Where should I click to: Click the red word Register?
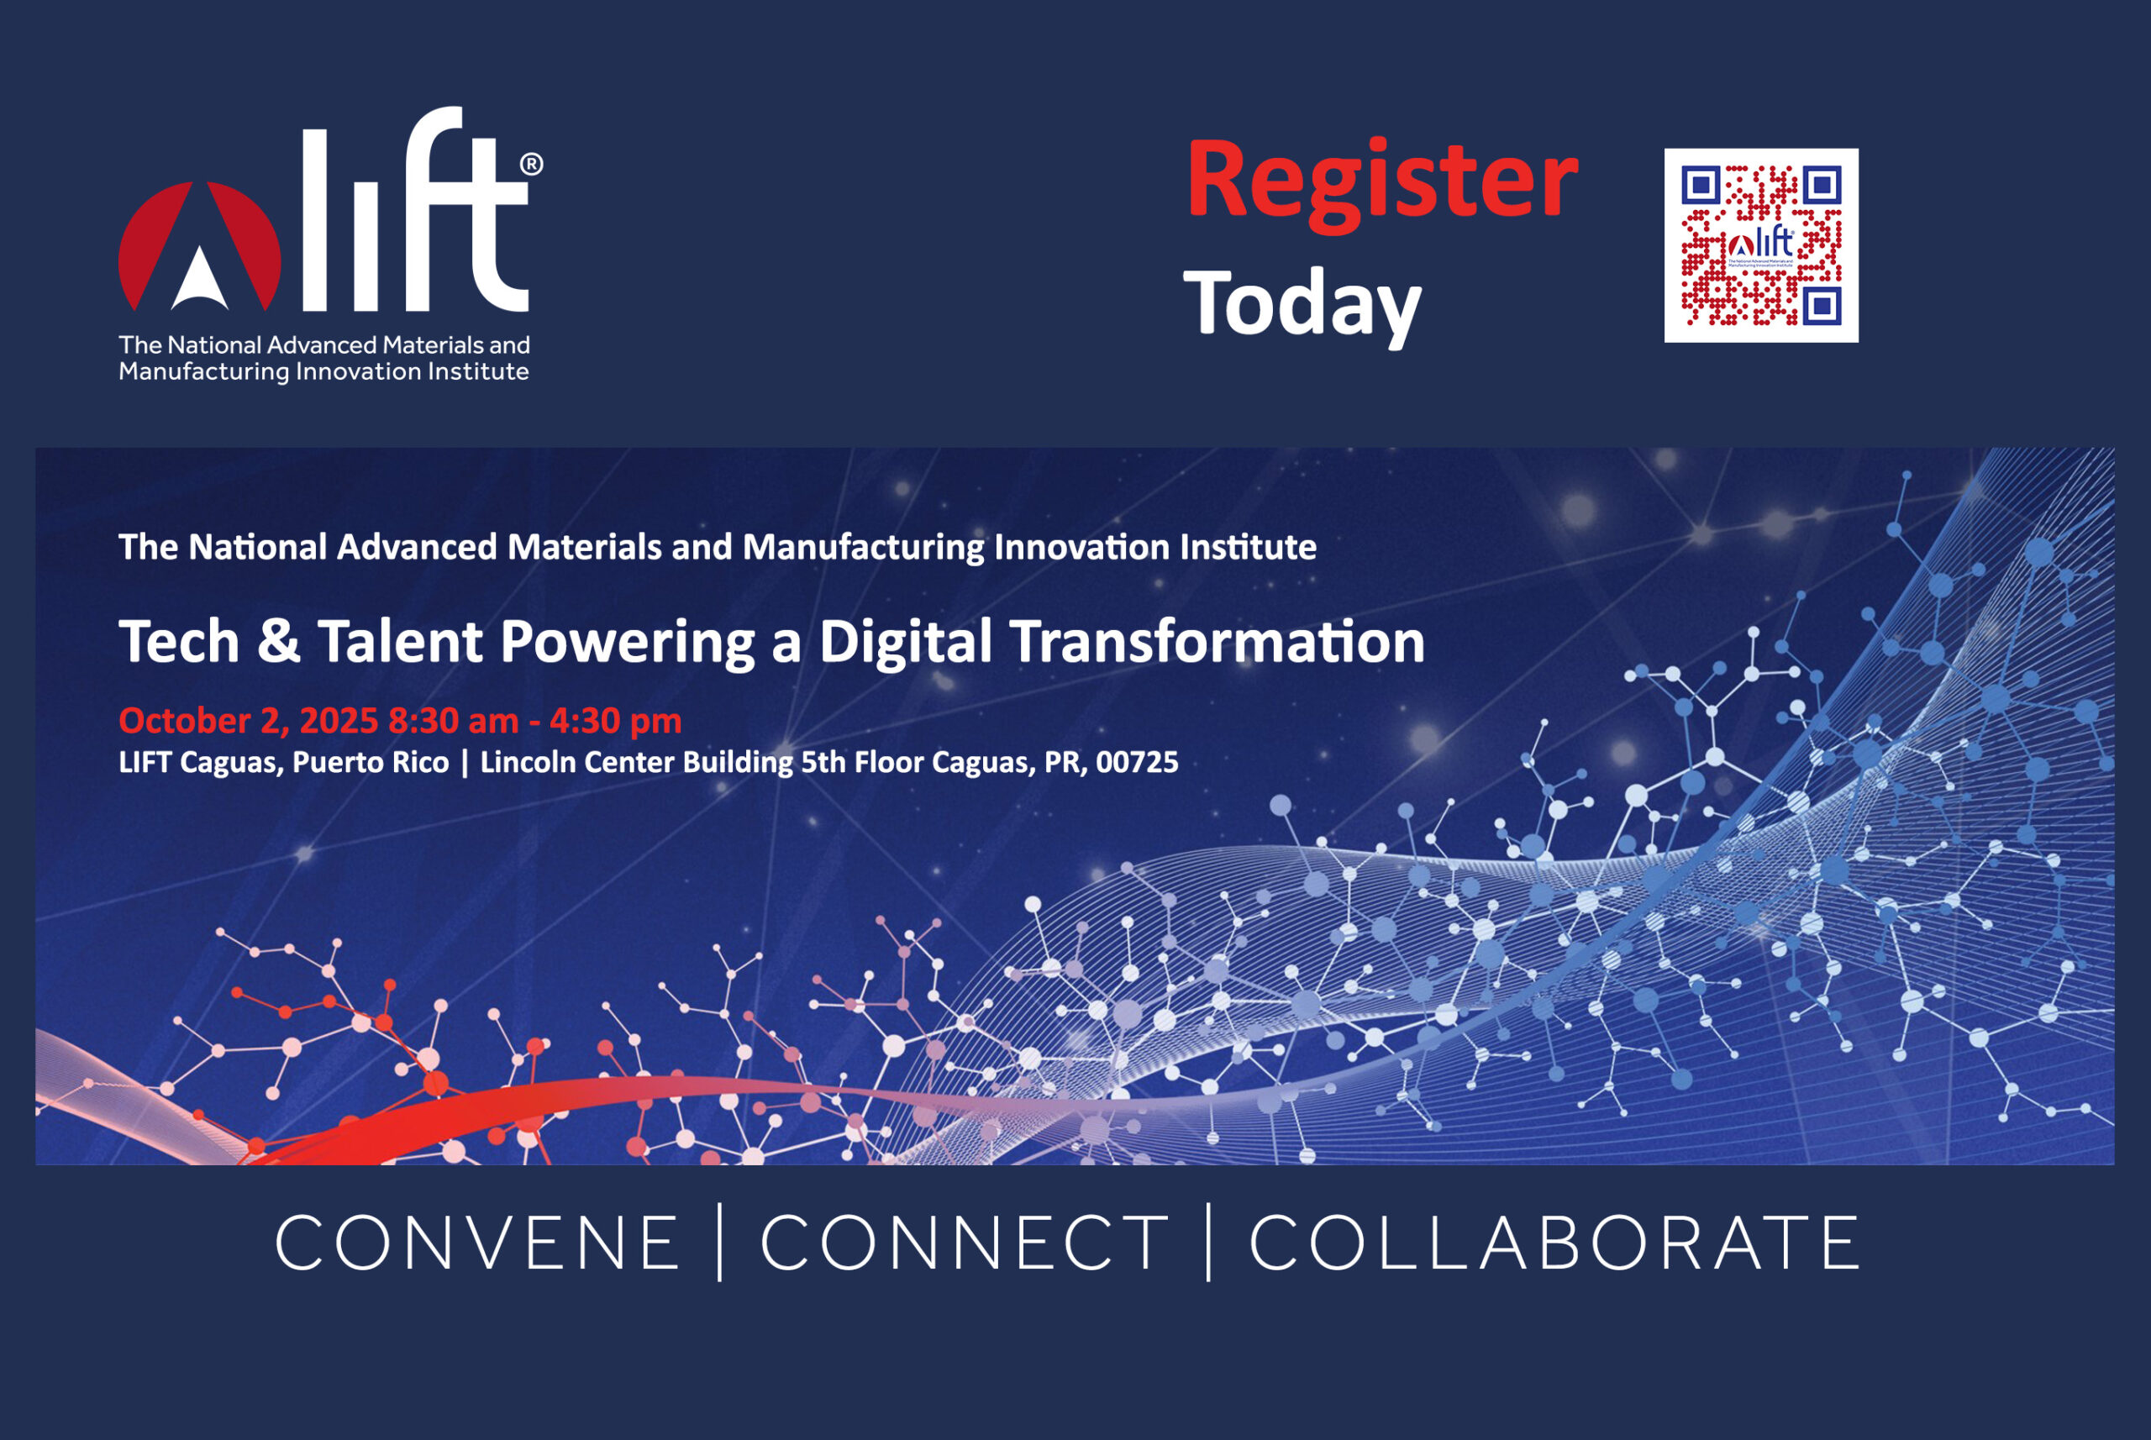tap(1381, 181)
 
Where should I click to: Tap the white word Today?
tap(1302, 307)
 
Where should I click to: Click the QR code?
tap(1760, 245)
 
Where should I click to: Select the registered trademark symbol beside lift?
tap(532, 165)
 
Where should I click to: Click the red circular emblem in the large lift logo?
tap(199, 246)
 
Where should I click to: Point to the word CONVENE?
tap(476, 1243)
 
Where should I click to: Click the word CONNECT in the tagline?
tap(965, 1243)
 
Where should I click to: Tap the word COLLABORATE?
tap(1554, 1243)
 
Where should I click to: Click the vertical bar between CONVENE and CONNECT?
tap(720, 1242)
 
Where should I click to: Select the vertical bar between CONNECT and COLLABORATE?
tap(1208, 1242)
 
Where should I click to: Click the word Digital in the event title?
tap(906, 643)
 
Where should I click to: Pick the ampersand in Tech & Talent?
tap(278, 641)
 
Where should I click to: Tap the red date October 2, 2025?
tap(248, 721)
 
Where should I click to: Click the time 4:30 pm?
tap(615, 722)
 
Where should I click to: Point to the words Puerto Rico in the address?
tap(371, 762)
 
